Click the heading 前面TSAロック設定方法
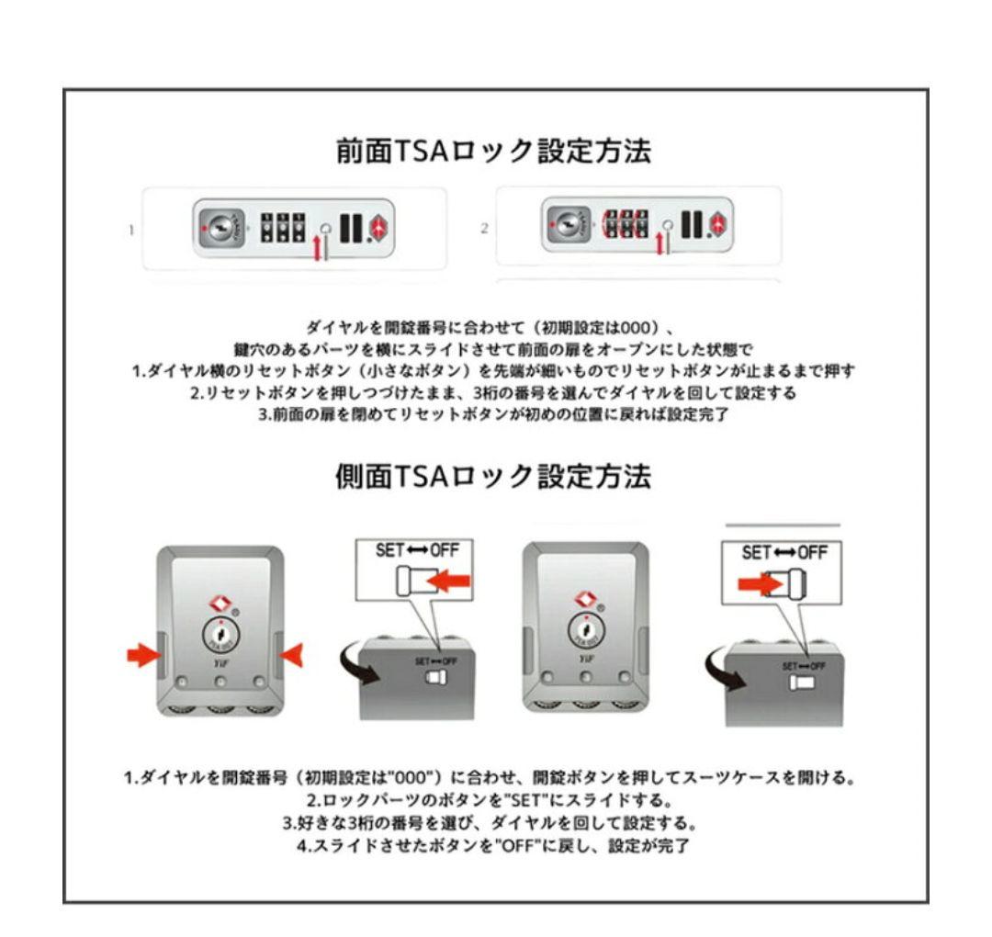(496, 153)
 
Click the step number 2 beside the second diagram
(484, 228)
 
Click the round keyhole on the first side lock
(220, 637)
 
